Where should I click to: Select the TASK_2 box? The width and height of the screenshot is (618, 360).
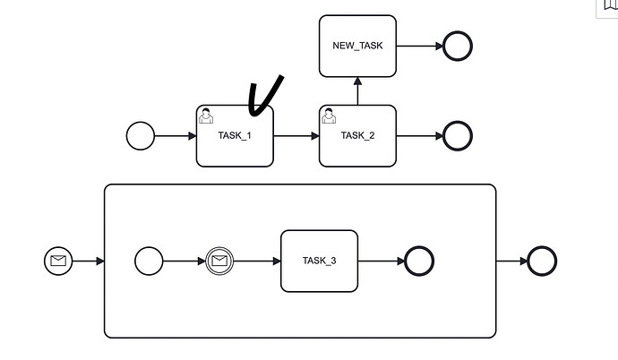click(x=357, y=136)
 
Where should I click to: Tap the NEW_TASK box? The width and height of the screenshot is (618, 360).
click(x=357, y=46)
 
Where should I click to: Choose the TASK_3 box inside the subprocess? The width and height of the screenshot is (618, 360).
click(x=320, y=261)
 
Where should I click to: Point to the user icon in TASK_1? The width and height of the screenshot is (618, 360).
click(x=206, y=115)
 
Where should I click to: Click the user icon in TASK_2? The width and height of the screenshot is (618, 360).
click(x=329, y=115)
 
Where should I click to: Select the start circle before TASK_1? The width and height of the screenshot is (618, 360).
click(x=141, y=136)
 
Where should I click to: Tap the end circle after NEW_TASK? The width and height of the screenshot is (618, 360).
click(x=457, y=46)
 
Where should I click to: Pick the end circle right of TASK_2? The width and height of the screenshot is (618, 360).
click(x=457, y=136)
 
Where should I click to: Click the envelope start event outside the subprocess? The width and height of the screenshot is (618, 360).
click(x=58, y=261)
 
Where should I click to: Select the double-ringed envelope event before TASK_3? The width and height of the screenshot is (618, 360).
click(x=219, y=261)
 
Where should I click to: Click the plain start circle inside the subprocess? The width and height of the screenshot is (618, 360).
click(x=149, y=261)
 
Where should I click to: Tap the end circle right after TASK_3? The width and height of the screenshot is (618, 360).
click(x=419, y=261)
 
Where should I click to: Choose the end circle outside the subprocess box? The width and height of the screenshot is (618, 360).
click(x=542, y=261)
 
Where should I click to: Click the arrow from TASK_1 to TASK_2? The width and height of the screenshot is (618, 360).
click(x=296, y=136)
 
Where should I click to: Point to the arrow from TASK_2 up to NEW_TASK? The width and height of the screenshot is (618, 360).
click(x=357, y=90)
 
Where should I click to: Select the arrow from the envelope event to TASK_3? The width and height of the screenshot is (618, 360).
click(x=257, y=261)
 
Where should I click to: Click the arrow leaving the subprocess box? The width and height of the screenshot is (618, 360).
click(x=511, y=261)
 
